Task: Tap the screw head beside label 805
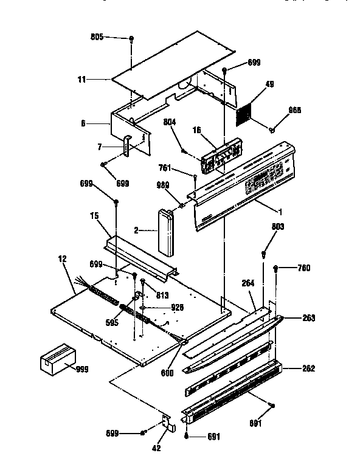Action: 131,39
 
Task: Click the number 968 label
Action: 295,110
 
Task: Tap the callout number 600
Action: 167,372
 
